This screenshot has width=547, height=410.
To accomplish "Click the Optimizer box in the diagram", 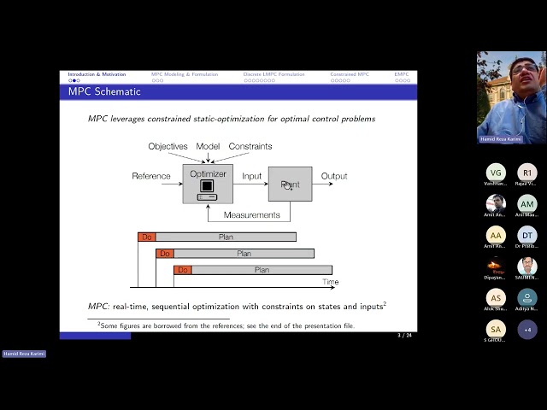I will point(207,183).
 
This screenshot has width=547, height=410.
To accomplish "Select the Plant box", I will point(290,184).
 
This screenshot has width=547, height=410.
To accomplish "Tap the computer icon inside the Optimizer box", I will point(207,189).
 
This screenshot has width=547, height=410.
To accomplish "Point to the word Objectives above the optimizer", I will point(168,146).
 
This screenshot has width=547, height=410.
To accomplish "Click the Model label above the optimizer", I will point(208,146).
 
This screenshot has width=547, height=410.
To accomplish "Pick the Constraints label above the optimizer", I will point(250,146).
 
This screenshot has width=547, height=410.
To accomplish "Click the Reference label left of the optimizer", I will point(151,176).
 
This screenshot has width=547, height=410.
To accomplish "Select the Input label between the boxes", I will point(251,176).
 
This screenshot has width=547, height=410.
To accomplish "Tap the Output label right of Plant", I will point(334,176).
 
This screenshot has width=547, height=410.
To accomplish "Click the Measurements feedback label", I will point(251,214).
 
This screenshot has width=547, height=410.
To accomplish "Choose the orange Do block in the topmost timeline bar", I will point(147,237).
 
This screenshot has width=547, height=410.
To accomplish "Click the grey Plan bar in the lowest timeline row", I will point(262,270).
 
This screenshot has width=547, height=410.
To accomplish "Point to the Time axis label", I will point(330,282).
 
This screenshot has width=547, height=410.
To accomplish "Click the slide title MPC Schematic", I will point(98,91).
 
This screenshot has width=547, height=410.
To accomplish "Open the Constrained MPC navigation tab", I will point(350,74).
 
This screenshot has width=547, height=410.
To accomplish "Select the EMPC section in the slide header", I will point(402,74).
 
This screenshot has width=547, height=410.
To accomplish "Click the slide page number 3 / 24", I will point(404,335).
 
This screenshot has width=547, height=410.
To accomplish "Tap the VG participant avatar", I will point(496,173).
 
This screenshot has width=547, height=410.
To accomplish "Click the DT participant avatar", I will point(527,235).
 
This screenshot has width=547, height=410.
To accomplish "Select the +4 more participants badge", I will point(527,329).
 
